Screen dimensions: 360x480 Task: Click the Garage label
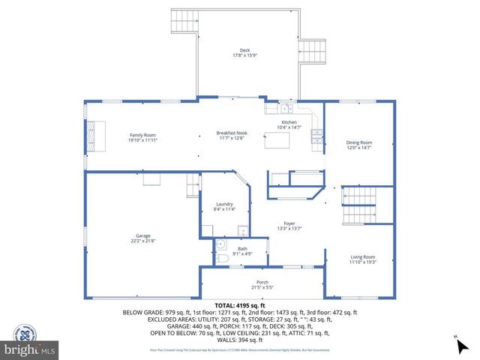tap(143, 238)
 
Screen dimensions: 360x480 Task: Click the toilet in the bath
tap(223, 259)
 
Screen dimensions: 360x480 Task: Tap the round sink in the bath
tap(220, 244)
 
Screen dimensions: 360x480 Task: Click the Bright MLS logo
tap(31, 349)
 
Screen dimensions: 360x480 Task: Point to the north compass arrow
tap(458, 346)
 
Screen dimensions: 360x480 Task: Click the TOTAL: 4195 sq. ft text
tap(240, 305)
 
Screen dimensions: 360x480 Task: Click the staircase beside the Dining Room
tap(359, 205)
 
